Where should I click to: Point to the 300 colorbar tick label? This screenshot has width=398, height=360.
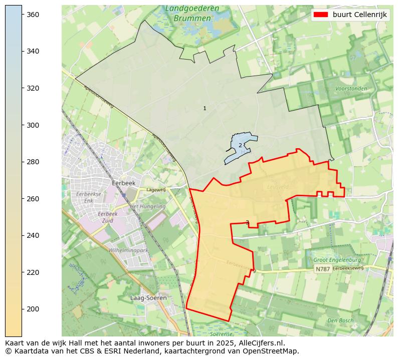coord(33,125)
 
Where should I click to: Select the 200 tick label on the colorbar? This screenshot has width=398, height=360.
coord(33,309)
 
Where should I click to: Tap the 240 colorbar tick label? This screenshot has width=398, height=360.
coord(33,235)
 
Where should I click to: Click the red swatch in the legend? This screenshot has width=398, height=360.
coord(321,15)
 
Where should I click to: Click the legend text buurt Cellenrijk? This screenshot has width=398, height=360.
coord(359,15)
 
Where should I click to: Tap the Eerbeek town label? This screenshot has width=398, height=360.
coord(124,183)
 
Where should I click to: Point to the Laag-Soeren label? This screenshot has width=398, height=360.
coord(148,298)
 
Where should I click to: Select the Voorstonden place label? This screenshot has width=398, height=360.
coord(351,89)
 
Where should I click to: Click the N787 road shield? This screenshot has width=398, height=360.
coord(322,269)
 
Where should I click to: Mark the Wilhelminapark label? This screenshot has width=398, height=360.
coord(128,250)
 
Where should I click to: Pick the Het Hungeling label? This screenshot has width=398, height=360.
coord(147,206)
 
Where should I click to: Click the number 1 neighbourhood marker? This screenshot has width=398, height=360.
coord(205,108)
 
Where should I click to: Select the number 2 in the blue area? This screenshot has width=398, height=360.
coord(240,145)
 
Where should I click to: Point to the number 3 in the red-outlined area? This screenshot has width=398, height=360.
coord(247,222)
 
